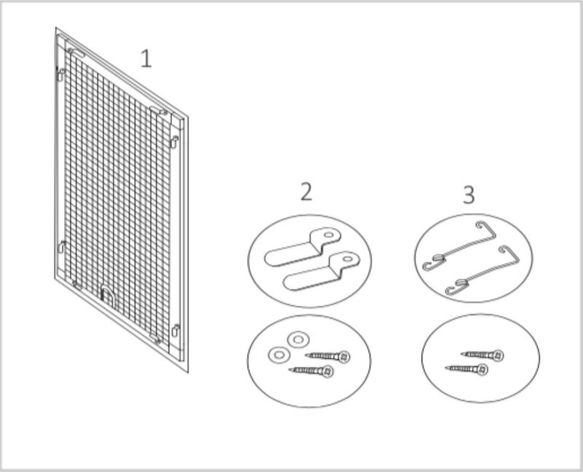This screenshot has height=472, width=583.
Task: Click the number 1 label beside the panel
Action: [146, 59]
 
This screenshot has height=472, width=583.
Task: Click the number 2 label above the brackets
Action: [306, 192]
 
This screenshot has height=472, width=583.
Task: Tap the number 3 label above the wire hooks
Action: [469, 194]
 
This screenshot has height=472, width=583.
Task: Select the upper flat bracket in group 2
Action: [302, 246]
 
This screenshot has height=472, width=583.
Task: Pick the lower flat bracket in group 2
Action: [321, 270]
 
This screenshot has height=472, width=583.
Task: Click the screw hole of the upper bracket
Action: [329, 235]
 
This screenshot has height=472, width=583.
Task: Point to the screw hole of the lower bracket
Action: [348, 259]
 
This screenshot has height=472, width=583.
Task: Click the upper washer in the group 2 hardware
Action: [298, 339]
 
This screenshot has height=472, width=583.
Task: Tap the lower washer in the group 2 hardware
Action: [278, 355]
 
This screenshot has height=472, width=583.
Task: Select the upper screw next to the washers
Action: [327, 356]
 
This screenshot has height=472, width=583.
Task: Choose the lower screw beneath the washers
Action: [311, 371]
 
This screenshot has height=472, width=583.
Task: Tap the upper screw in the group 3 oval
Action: [482, 355]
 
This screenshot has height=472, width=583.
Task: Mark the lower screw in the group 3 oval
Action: [466, 369]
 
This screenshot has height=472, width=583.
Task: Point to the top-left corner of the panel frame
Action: [56, 28]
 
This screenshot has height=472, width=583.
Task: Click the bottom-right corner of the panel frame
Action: [188, 372]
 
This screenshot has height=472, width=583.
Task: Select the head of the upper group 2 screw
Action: [344, 357]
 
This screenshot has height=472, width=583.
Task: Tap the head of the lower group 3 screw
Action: [482, 369]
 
